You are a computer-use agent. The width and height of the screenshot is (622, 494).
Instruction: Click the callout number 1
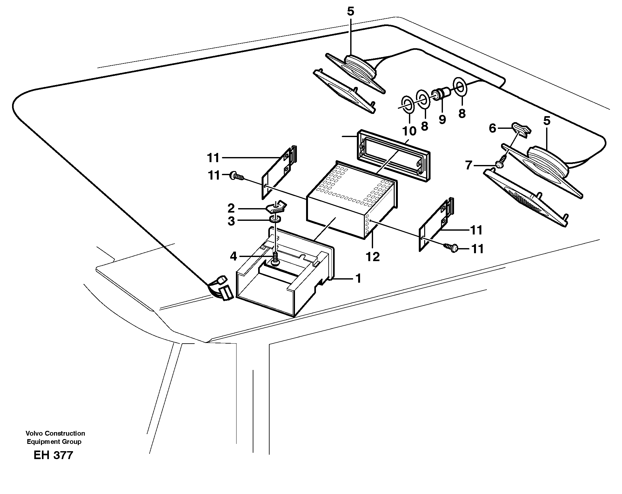[358, 279]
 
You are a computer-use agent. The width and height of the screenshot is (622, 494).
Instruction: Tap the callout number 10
[409, 130]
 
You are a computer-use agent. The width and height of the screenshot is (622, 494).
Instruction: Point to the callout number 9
[442, 119]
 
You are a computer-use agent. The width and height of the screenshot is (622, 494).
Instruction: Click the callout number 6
[492, 128]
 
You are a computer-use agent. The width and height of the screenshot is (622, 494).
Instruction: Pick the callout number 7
[469, 165]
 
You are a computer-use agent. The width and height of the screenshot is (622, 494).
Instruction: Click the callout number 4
[233, 256]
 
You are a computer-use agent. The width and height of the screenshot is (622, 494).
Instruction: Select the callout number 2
[231, 208]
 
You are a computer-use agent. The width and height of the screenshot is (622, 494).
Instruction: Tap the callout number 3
[231, 221]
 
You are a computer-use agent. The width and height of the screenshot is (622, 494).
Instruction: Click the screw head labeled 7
[499, 164]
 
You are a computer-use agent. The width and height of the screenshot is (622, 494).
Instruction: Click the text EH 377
[53, 455]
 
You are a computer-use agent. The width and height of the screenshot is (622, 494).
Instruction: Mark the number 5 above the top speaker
[350, 12]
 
